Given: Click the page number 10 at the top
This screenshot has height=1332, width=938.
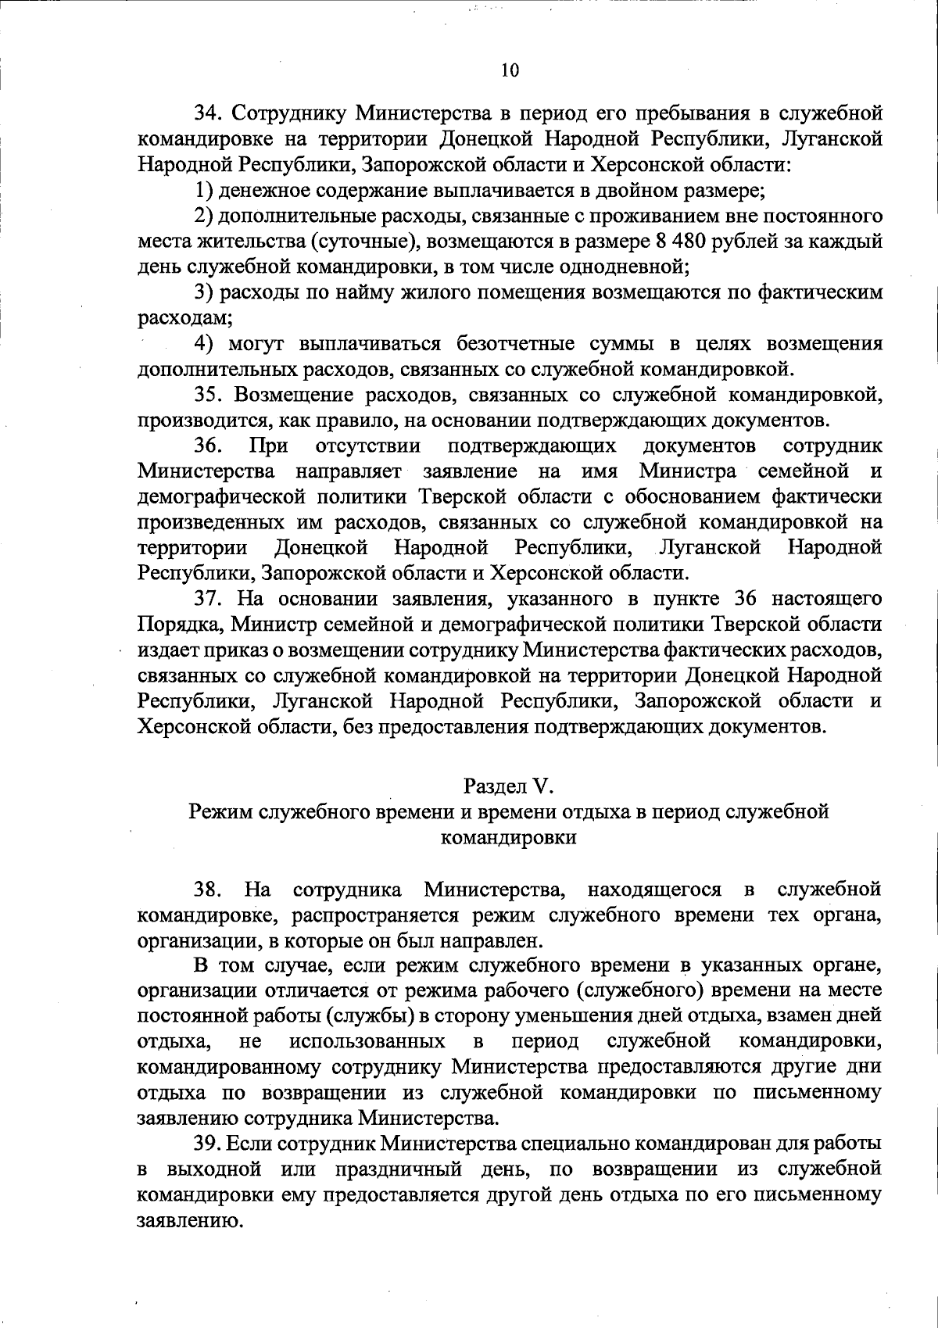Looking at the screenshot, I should coord(509,71).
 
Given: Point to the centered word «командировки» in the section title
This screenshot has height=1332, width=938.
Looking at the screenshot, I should coord(509,838).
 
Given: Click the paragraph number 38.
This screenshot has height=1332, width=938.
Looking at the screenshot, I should coord(209,890).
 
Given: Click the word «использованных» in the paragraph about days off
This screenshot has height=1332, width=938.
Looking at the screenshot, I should coord(367,1041).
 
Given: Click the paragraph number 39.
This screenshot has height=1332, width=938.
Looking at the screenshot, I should coord(209,1144).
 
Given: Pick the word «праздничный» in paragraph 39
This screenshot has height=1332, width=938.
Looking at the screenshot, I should coord(396,1169).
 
